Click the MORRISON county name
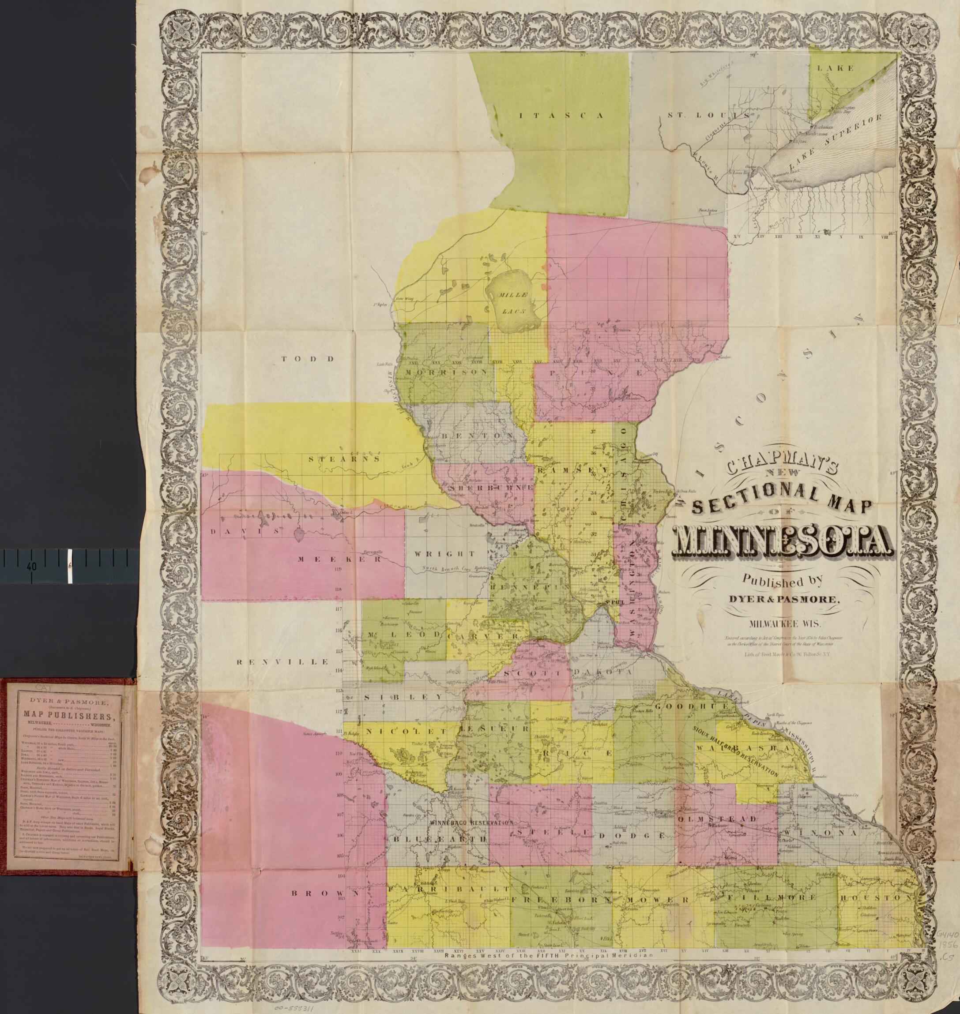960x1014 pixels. (446, 372)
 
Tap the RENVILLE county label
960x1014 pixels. (282, 661)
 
